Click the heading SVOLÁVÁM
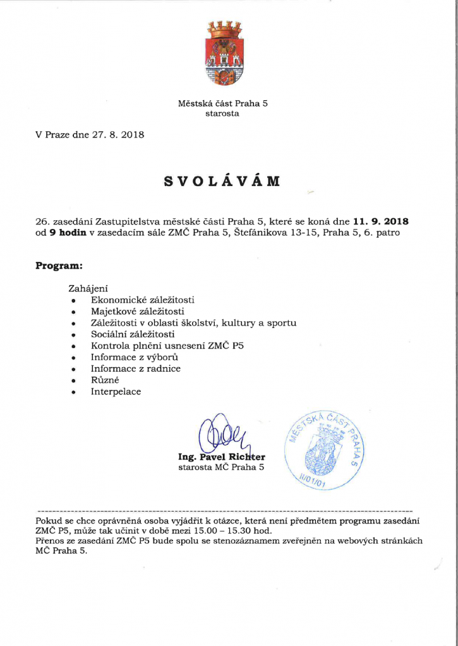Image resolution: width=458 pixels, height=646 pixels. tap(222, 182)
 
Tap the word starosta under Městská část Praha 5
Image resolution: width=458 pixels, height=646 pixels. tap(222, 114)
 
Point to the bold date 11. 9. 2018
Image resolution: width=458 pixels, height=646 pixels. tap(381, 221)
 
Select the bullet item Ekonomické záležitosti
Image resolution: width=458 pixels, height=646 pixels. tap(142, 300)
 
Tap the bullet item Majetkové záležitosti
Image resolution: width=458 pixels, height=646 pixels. tap(137, 311)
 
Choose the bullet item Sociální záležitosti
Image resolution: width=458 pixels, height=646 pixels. tap(133, 334)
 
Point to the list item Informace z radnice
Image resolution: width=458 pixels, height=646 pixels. tap(135, 368)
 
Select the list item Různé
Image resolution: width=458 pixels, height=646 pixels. tap(105, 380)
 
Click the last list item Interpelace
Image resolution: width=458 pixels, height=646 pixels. tap(116, 391)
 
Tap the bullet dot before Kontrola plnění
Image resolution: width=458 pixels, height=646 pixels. tap(74, 346)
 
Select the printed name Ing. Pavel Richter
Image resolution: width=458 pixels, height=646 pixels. tap(222, 457)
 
